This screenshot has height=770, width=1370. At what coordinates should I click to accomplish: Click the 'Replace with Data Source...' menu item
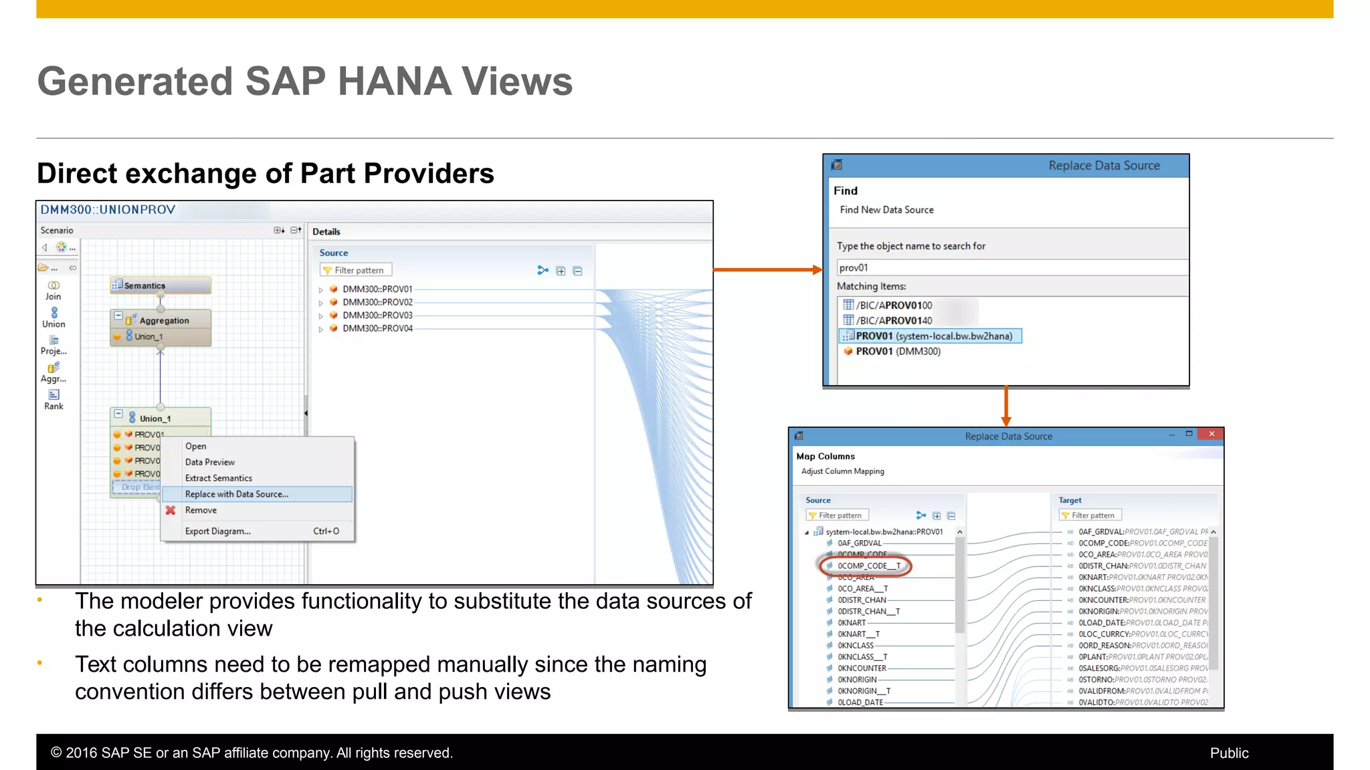[237, 494]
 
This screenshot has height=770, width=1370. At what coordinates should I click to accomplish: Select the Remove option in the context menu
[201, 510]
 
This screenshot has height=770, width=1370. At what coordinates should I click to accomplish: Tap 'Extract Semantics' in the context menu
[219, 478]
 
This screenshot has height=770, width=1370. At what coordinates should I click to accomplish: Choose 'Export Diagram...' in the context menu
[218, 531]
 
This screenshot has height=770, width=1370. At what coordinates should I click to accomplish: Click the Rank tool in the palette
[54, 399]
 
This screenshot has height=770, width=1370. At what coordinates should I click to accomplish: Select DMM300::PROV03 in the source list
[377, 315]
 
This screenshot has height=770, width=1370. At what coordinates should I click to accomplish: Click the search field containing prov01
[1010, 268]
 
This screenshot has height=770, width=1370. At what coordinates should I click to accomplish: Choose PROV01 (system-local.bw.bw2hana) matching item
[933, 336]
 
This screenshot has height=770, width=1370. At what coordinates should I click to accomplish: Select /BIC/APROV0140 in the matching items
[894, 321]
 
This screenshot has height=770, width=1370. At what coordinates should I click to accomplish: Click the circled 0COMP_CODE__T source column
[869, 566]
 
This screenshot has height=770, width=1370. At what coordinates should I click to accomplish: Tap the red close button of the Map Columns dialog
[1211, 434]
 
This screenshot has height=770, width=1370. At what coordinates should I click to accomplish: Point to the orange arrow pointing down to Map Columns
[1006, 406]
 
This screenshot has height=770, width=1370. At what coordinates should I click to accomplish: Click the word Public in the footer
[1229, 753]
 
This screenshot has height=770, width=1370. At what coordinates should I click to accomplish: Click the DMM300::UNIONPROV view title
[108, 210]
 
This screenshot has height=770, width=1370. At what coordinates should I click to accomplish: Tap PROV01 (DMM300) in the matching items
[898, 352]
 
